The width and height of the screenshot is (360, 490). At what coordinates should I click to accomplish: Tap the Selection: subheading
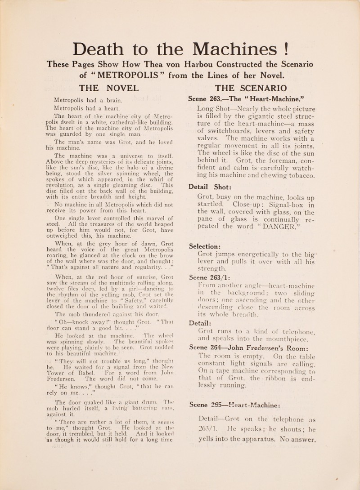[205, 246]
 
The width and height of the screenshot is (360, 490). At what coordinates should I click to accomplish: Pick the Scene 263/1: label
[210, 277]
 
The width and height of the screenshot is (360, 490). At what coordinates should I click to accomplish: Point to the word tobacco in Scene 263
[299, 175]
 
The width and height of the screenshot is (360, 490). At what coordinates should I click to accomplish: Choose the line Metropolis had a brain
[88, 100]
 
